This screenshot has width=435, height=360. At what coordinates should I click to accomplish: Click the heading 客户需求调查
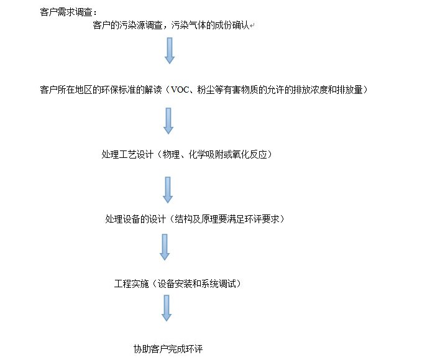66,12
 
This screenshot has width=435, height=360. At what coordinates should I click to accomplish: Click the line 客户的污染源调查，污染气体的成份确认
171,25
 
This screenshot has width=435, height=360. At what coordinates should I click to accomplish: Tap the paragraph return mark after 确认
252,26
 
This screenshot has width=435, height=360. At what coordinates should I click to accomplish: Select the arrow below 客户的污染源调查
170,51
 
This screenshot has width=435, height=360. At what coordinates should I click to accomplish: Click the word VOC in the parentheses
180,90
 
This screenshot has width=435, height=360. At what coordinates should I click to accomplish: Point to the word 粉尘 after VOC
206,90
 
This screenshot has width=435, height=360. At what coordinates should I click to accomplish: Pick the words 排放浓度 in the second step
311,90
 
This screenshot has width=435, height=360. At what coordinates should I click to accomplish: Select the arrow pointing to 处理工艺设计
168,121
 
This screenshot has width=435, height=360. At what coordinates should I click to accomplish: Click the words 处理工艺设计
127,154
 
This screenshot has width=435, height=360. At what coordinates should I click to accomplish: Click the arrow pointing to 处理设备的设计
168,190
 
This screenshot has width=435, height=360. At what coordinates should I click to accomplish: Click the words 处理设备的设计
135,219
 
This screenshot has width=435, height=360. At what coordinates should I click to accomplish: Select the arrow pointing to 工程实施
165,247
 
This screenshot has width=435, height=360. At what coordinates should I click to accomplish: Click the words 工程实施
132,284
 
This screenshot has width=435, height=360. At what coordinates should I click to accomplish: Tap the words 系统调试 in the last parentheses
218,284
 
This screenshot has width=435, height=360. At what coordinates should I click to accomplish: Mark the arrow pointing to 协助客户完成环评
167,308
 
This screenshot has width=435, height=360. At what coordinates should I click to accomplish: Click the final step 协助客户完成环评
168,349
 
